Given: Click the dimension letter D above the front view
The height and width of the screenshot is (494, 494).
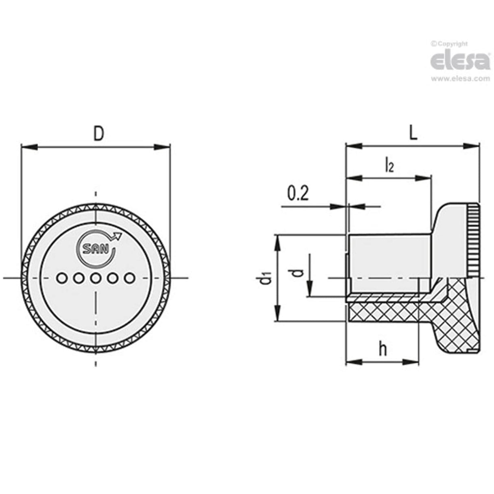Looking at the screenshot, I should pos(98,134).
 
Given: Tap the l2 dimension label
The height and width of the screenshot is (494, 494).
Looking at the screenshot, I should pos(389,166).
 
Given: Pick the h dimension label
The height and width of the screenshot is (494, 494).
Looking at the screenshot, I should pos(383,349).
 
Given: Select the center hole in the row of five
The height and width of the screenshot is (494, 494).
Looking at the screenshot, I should pos(96,278).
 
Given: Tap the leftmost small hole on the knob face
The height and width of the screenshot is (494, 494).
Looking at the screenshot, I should pos(62,278).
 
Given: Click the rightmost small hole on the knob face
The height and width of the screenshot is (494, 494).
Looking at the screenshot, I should pos(129,278).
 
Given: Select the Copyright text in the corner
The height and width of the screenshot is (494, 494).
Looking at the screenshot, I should pos(449,44).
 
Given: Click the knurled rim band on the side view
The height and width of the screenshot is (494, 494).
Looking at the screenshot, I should pos(473,240).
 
